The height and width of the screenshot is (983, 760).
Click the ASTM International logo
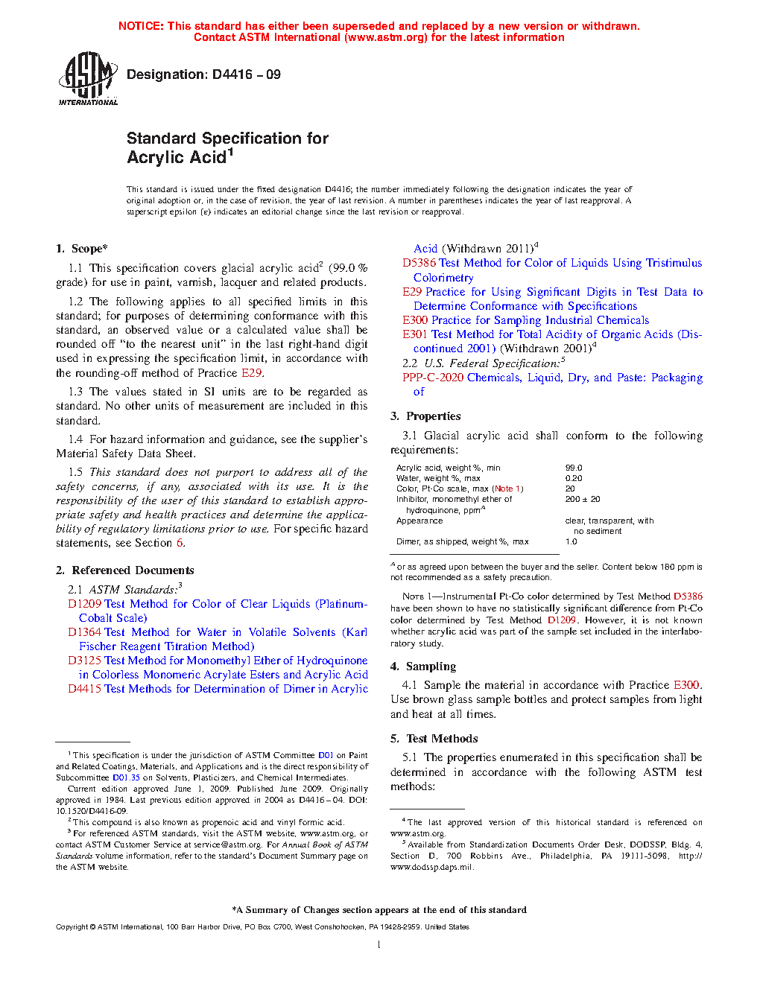[x=88, y=78]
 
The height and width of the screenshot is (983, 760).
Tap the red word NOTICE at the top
[x=141, y=26]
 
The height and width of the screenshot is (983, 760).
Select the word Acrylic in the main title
[x=156, y=158]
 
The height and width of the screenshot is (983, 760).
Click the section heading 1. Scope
[x=82, y=249]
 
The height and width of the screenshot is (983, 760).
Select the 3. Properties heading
[x=425, y=416]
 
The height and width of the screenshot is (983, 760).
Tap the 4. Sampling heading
[x=423, y=667]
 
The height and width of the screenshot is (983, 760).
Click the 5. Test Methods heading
[x=434, y=739]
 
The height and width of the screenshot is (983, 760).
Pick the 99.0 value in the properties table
[x=574, y=468]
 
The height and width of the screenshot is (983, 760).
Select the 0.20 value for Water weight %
[x=574, y=479]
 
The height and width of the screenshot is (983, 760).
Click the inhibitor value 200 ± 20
[x=583, y=500]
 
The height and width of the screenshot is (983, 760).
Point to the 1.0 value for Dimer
[x=571, y=542]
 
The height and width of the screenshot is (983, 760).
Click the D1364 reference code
[x=84, y=632]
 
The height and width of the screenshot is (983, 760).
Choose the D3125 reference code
[x=84, y=661]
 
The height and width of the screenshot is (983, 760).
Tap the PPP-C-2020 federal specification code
[x=433, y=378]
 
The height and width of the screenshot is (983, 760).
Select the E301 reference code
[x=415, y=334]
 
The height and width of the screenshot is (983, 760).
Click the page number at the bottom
[x=379, y=945]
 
